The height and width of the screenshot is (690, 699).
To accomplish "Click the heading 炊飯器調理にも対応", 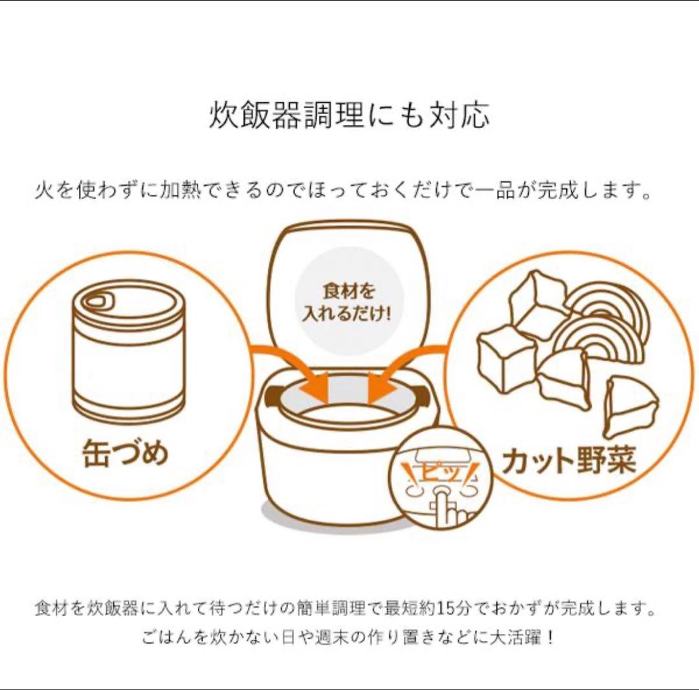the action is pos(349,115).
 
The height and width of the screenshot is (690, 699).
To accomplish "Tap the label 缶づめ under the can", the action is pos(126,453).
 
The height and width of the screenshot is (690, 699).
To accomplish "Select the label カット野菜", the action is pos(569,460).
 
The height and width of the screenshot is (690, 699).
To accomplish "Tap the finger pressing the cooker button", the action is pos(446,508).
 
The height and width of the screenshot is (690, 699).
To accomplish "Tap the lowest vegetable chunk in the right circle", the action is pos(630,406).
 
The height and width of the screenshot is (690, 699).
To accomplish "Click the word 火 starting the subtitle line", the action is pos(44,190).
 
